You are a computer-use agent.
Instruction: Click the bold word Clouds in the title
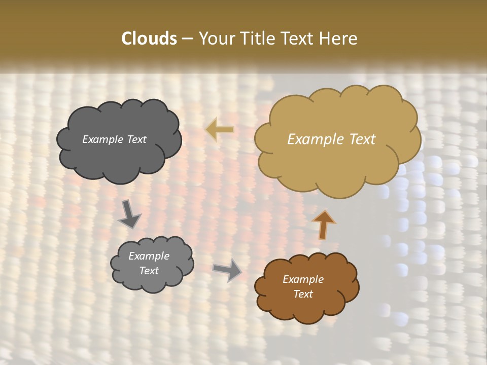tap(149, 38)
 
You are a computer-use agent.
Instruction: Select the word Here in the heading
tap(338, 38)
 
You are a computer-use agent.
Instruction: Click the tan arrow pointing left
tap(220, 130)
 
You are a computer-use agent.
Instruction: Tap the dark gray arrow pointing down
tap(129, 214)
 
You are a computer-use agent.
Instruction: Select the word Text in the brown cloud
tap(303, 294)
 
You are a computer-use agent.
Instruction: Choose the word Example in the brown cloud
tap(303, 279)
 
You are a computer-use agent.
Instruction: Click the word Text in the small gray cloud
tap(149, 271)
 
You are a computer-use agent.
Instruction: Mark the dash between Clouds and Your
tap(187, 38)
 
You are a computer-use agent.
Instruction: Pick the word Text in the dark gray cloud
tap(136, 139)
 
